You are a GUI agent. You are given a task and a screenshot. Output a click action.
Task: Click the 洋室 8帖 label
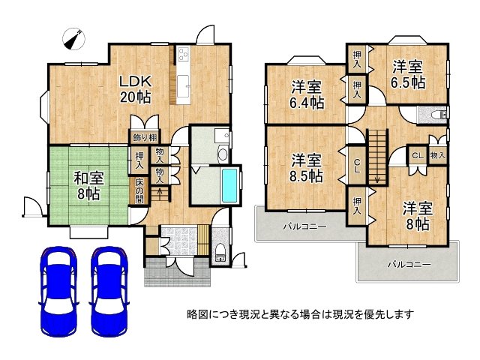pos(415,216)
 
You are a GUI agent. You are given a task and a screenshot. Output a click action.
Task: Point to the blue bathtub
pos(229,186)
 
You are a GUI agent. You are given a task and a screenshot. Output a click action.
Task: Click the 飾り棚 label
pos(144,136)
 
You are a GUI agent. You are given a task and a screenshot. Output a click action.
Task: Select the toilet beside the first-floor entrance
pos(220,252)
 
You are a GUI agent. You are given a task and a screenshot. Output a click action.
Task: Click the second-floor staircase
pos(376,154)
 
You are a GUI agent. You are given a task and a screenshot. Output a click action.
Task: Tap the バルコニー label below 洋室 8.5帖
pos(304,226)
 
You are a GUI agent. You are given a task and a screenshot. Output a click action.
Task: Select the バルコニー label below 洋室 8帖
pos(409,265)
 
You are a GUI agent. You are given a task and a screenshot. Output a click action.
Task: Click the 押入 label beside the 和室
pos(140,159)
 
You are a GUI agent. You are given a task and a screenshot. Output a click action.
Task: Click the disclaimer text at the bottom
pos(300,314)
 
